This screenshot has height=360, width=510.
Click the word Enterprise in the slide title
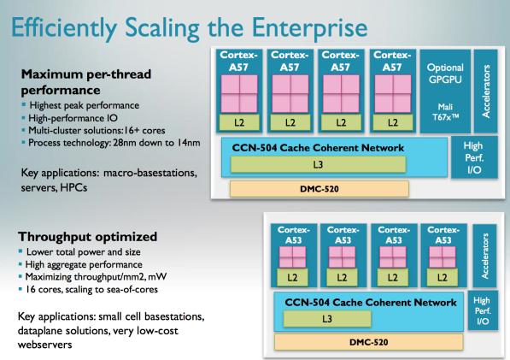(309, 28)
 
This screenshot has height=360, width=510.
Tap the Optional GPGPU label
(445, 74)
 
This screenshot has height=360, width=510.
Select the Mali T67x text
(445, 112)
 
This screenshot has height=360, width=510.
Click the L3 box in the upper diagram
(318, 164)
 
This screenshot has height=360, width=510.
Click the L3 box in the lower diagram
(327, 318)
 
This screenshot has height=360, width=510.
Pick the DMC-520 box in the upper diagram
(319, 189)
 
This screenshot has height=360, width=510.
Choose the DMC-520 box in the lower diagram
(368, 342)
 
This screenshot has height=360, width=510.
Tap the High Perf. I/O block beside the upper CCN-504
(474, 157)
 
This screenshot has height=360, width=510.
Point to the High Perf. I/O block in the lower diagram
(483, 310)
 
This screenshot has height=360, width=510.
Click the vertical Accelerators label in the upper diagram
(486, 91)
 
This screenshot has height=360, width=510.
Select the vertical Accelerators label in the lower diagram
(485, 257)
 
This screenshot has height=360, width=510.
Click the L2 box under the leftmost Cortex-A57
(239, 123)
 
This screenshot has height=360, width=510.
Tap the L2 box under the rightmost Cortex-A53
(443, 277)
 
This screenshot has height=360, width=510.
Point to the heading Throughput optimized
(87, 237)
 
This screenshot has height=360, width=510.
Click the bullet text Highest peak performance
(85, 105)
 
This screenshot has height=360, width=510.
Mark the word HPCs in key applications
(73, 187)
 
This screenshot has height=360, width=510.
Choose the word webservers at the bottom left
(45, 345)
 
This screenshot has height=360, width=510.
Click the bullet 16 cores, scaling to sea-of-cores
(92, 289)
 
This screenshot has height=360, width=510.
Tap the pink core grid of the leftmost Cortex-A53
(292, 257)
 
